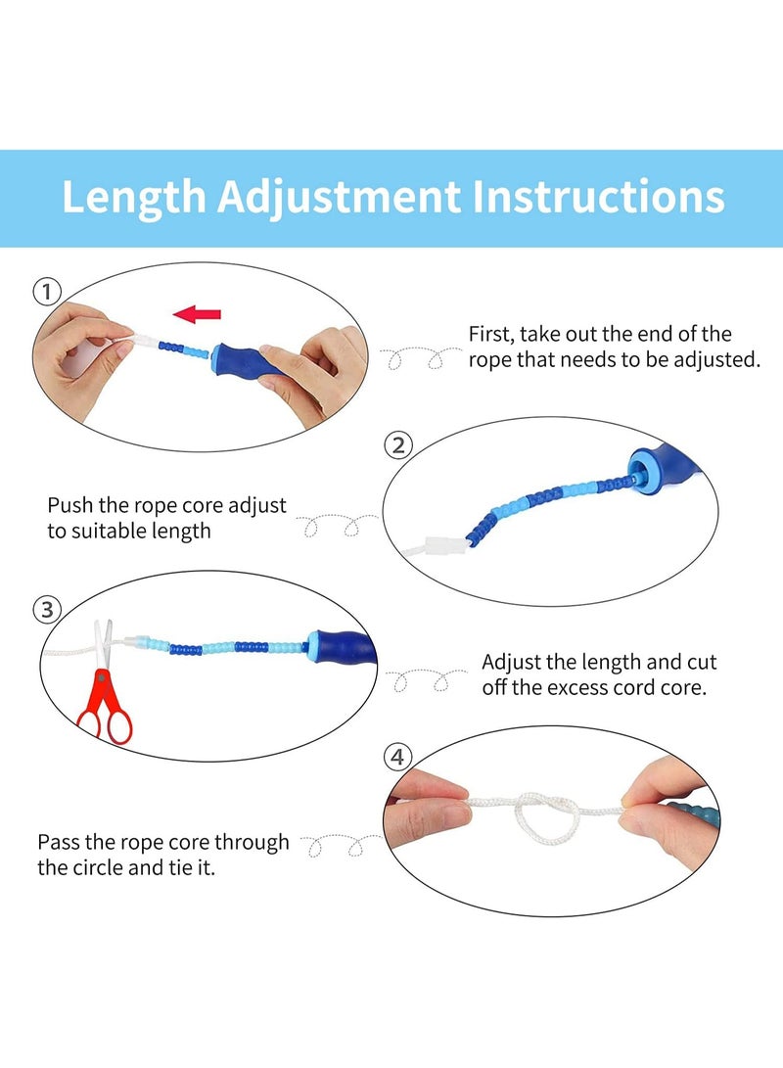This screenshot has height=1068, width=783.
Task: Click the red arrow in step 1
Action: (197, 314)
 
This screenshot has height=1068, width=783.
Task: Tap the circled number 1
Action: (46, 292)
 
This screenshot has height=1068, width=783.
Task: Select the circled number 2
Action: (398, 445)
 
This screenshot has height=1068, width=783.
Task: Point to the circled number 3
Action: (47, 609)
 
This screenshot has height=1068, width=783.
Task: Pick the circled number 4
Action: (397, 757)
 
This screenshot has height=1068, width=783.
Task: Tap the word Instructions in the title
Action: (598, 197)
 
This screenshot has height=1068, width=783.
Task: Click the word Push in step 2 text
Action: (69, 505)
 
